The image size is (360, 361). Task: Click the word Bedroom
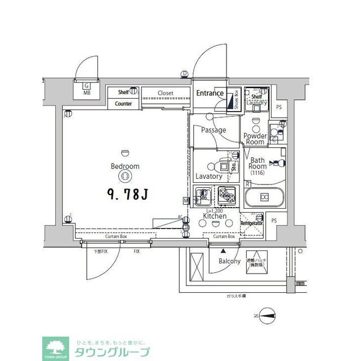pyautogui.click(x=126, y=166)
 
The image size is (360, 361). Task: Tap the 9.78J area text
pyautogui.click(x=127, y=195)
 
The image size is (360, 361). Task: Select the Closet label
pyautogui.click(x=165, y=93)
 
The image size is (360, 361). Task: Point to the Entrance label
pyautogui.click(x=210, y=93)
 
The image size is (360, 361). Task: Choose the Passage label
pyautogui.click(x=214, y=130)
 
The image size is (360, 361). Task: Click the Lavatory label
pyautogui.click(x=208, y=176)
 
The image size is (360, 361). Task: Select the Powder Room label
pyautogui.click(x=255, y=139)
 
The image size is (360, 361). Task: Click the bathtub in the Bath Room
pyautogui.click(x=264, y=197)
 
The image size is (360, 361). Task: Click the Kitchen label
pyautogui.click(x=215, y=216)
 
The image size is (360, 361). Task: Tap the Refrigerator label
pyautogui.click(x=252, y=223)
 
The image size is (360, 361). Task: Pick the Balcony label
pyautogui.click(x=229, y=261)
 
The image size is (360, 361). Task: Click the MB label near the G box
pyautogui.click(x=87, y=93)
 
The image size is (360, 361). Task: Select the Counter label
pyautogui.click(x=123, y=104)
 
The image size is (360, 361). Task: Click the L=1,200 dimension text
pyautogui.click(x=214, y=210)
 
